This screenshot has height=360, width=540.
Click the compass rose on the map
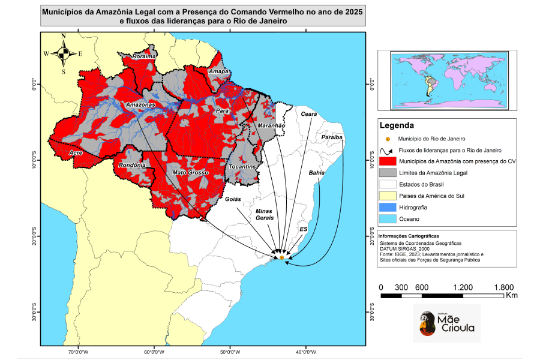coord(63,54)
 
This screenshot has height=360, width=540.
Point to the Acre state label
coord(76,154)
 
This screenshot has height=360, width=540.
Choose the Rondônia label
coord(132,165)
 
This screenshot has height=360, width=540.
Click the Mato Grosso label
coord(190,173)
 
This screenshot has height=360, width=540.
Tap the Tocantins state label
coord(243,166)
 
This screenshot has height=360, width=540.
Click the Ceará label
coord(308,113)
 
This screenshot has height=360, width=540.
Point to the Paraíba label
coord(332,137)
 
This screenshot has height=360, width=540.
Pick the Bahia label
coord(316,173)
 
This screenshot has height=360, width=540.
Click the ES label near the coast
coord(304,229)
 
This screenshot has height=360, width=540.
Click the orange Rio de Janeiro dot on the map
coord(282,257)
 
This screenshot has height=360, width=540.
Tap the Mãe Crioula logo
coord(447,323)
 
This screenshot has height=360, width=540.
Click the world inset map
coord(448,80)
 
